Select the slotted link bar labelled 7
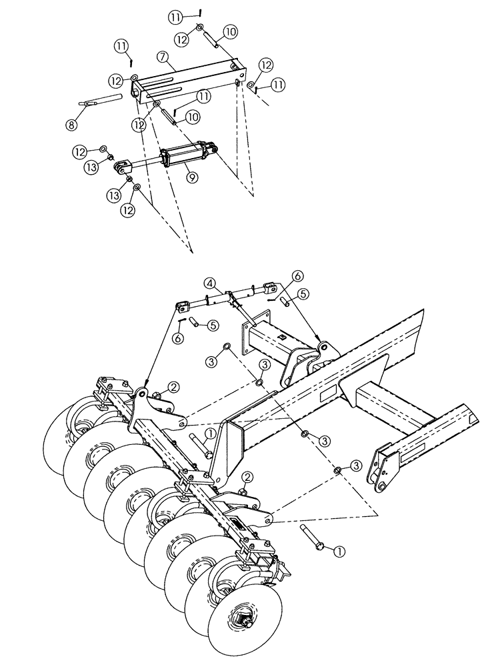pos(187,79)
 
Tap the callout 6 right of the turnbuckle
pos(297,275)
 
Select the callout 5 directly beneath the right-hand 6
pos(303,293)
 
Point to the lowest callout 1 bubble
pos(339,551)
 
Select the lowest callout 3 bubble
pos(356,464)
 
